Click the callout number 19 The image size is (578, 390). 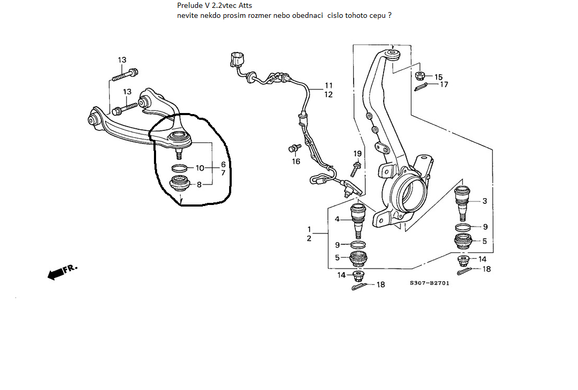tap(357, 154)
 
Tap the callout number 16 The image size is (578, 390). tap(296, 161)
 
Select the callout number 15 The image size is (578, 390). tap(438, 77)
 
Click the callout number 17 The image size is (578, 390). tap(444, 84)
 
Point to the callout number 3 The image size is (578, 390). tap(484, 201)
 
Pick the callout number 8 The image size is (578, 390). tap(200, 184)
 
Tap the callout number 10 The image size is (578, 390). tap(200, 168)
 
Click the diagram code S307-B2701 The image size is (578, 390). tap(429, 283)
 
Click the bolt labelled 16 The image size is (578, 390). tap(294, 148)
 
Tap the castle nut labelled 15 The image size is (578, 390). tap(420, 75)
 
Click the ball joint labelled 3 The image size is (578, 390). tap(462, 201)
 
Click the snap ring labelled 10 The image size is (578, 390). tap(179, 168)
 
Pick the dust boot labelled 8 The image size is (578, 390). tap(179, 184)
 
